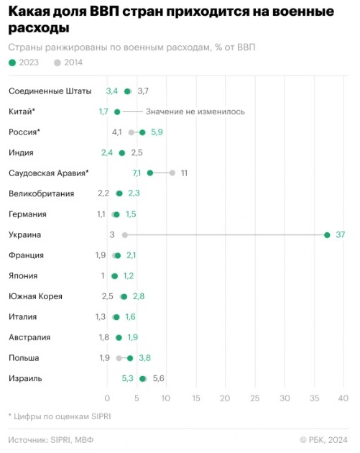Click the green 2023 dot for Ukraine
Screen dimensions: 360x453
click(x=327, y=235)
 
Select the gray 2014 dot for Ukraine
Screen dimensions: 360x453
click(x=125, y=235)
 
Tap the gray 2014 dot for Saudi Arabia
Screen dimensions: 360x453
click(x=172, y=173)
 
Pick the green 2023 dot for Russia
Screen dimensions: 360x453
click(x=142, y=132)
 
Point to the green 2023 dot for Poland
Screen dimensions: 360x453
click(x=130, y=358)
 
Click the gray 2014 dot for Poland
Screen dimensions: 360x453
click(x=119, y=358)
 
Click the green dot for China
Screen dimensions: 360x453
click(x=117, y=111)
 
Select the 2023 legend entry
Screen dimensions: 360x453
click(x=24, y=63)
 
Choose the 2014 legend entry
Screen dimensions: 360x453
click(x=68, y=63)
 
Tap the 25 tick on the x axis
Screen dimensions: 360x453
click(x=255, y=398)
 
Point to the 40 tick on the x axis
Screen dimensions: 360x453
click(x=343, y=398)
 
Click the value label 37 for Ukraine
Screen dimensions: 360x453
click(x=341, y=234)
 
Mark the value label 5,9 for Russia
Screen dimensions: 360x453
click(x=157, y=132)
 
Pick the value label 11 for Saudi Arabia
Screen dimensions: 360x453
click(x=184, y=173)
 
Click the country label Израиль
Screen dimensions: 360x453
click(x=25, y=378)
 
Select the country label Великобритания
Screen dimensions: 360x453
click(x=42, y=193)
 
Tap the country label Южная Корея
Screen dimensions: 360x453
click(x=35, y=296)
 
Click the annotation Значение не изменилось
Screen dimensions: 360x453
click(x=195, y=111)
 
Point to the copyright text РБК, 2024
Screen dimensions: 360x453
click(x=328, y=440)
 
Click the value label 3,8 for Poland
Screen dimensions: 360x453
click(x=145, y=358)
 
